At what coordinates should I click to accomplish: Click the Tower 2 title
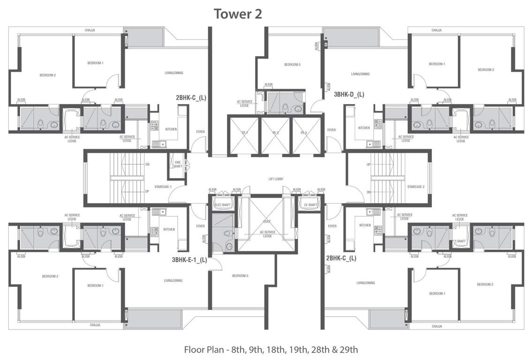(x=238, y=14)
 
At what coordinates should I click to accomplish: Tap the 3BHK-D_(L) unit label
(x=349, y=94)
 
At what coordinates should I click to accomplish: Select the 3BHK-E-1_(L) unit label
(x=189, y=259)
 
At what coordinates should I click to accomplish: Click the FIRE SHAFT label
(x=178, y=164)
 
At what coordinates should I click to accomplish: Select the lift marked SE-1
(x=244, y=133)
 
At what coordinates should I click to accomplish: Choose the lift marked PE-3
(x=307, y=133)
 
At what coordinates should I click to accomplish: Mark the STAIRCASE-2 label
(x=416, y=187)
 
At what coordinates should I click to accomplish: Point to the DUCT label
(x=267, y=221)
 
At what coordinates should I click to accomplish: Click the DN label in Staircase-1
(x=147, y=165)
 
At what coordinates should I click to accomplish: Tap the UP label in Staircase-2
(x=368, y=165)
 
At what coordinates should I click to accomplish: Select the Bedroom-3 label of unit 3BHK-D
(x=292, y=65)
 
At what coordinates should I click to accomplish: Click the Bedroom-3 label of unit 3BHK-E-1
(x=240, y=276)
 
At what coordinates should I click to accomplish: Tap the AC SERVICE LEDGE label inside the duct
(x=267, y=234)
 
